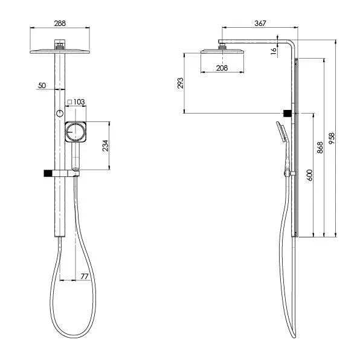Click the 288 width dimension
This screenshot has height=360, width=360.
pyautogui.click(x=59, y=23)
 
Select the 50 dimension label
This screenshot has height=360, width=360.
pyautogui.click(x=42, y=86)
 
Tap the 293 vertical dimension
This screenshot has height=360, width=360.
pyautogui.click(x=180, y=83)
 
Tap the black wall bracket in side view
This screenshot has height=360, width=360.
pyautogui.click(x=289, y=113)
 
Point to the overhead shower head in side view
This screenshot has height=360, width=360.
pyautogui.click(x=222, y=52)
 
